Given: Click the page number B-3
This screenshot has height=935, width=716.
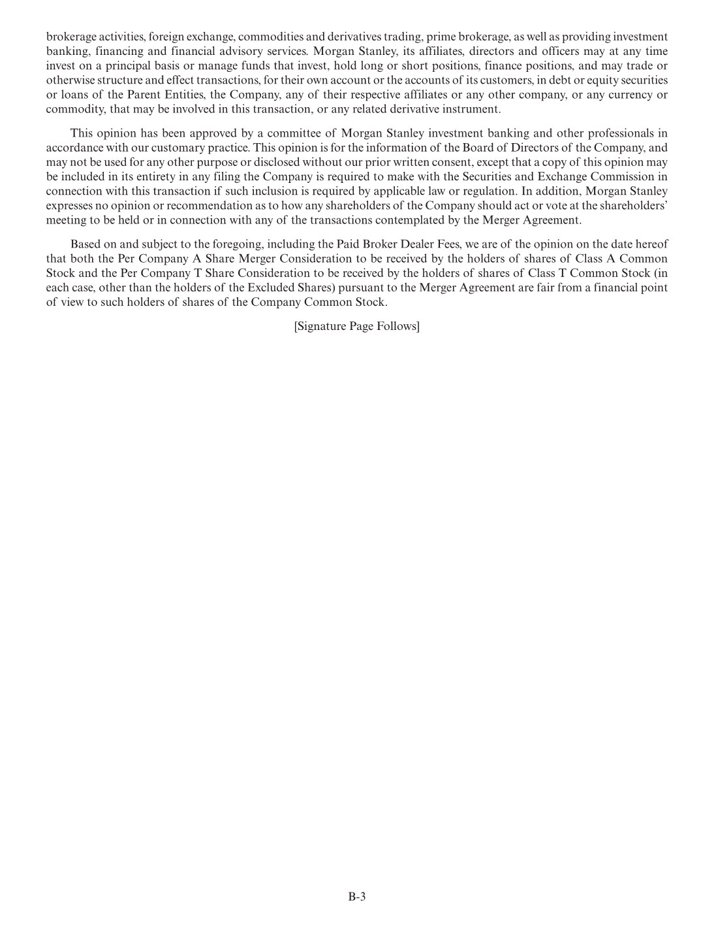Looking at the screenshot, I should (x=357, y=897).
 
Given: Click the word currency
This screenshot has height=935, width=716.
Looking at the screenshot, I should (x=623, y=95).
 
